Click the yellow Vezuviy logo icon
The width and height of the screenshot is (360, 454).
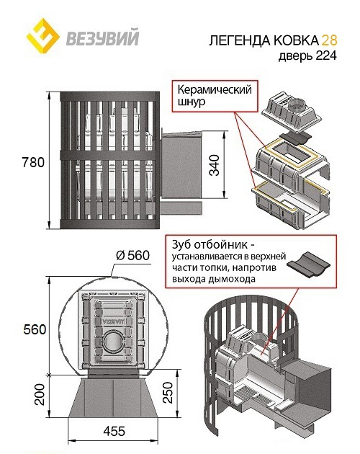(43, 36)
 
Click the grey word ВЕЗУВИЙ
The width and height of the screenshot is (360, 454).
(103, 38)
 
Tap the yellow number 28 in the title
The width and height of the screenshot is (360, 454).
(329, 40)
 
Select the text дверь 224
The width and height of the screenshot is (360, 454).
(307, 55)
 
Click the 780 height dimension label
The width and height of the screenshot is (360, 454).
(33, 162)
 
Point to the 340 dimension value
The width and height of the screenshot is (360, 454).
(215, 165)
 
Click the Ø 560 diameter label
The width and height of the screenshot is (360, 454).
(132, 255)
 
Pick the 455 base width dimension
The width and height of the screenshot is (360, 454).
(114, 431)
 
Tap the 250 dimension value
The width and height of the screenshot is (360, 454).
(168, 392)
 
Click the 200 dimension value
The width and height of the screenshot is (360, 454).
(40, 394)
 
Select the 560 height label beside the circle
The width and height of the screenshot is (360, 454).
(35, 329)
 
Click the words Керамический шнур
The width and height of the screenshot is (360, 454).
(215, 95)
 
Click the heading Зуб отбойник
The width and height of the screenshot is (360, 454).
(214, 245)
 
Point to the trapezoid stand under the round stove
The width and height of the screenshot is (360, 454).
(114, 397)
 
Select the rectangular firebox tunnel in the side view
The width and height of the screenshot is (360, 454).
(181, 164)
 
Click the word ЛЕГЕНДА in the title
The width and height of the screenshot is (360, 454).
(240, 40)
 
